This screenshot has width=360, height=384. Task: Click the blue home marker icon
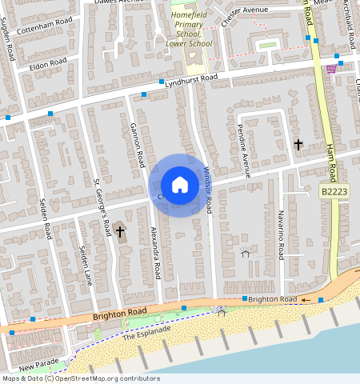pyautogui.click(x=180, y=185)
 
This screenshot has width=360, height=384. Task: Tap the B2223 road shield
pyautogui.click(x=334, y=192)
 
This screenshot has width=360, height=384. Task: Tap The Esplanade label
pyautogui.click(x=146, y=333)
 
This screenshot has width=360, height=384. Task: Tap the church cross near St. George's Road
pyautogui.click(x=120, y=233)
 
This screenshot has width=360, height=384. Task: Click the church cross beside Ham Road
pyautogui.click(x=298, y=145)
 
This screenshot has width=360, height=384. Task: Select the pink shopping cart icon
pyautogui.click(x=331, y=70)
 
